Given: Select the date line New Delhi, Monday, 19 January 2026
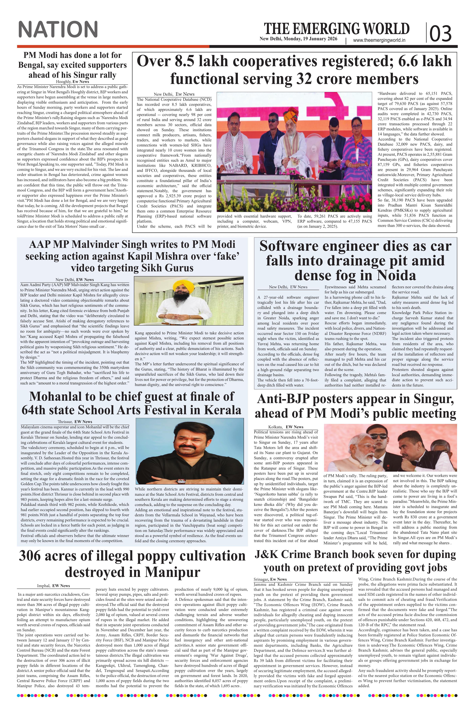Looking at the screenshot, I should [298, 39].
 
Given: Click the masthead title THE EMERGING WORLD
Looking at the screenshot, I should [337, 29].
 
